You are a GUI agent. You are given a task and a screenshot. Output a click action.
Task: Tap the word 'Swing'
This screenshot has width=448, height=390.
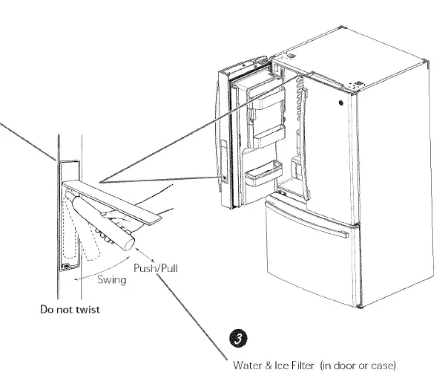[x=112, y=281]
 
